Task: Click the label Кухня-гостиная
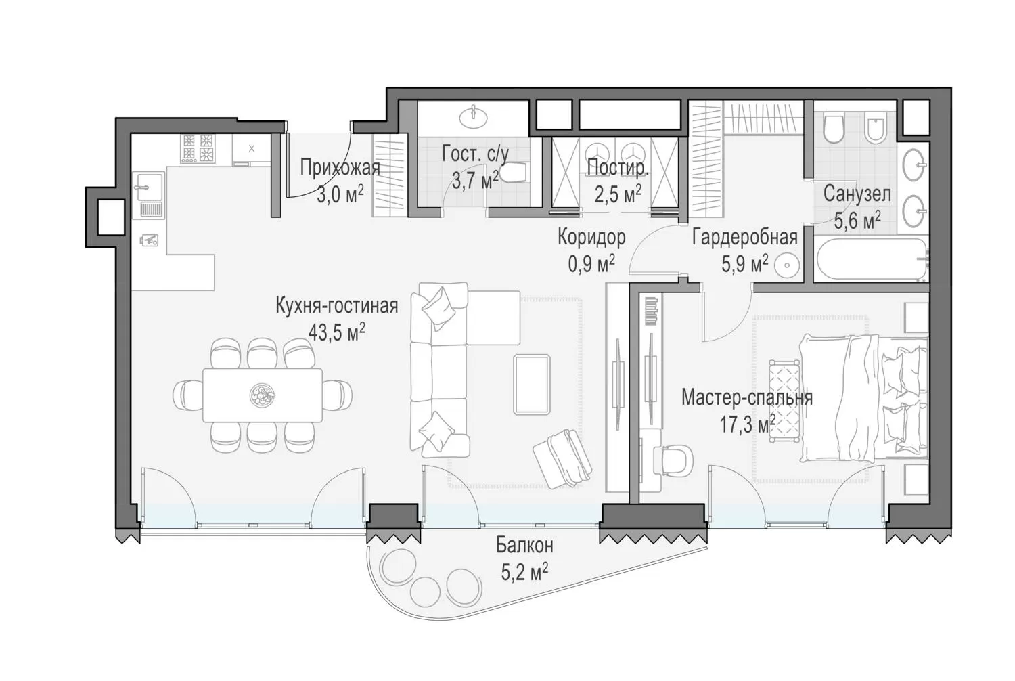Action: [337, 305]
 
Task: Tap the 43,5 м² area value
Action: [337, 332]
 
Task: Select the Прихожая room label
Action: [340, 167]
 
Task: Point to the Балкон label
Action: [524, 545]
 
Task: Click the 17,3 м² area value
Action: [748, 424]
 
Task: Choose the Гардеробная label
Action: [745, 237]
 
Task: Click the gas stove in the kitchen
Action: [198, 148]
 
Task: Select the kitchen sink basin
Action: [148, 186]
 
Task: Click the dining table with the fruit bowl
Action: [263, 395]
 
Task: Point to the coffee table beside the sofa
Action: [532, 385]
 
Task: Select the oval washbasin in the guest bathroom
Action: [474, 117]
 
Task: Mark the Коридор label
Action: [591, 237]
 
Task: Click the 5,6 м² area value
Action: [857, 221]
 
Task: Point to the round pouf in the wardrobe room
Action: [786, 265]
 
